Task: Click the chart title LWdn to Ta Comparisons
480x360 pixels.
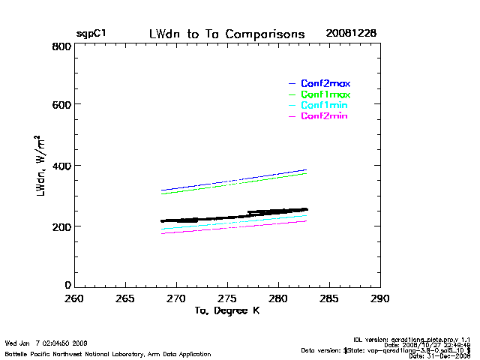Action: pos(226,34)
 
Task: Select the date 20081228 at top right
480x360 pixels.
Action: pos(351,34)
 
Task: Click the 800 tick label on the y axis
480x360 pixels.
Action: pos(62,46)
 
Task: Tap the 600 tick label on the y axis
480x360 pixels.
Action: pos(62,105)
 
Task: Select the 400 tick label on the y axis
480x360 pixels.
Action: pos(62,165)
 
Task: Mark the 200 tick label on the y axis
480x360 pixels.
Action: pos(62,226)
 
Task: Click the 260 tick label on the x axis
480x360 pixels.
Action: pos(73,298)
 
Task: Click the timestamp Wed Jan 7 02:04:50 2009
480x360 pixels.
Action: pos(46,343)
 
